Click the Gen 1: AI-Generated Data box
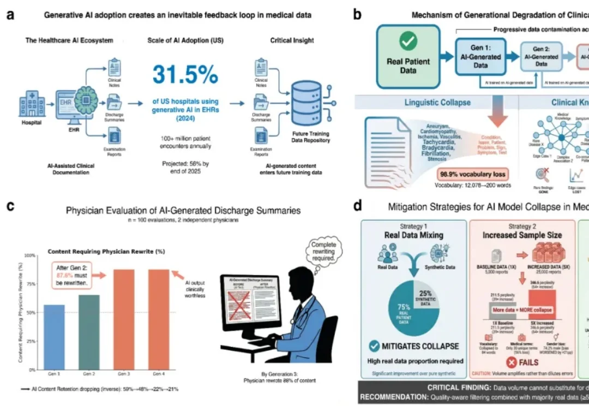point(480,56)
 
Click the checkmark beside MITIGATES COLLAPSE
point(375,345)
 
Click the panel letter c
point(10,206)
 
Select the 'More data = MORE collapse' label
point(523,310)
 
